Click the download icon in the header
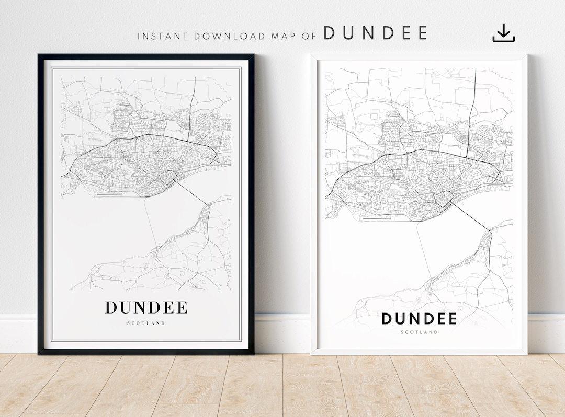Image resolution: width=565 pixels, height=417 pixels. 503,33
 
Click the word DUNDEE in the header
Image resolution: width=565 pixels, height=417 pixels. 375,33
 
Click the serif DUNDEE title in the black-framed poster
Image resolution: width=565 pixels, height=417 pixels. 146,308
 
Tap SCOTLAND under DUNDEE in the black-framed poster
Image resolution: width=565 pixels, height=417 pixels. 146,323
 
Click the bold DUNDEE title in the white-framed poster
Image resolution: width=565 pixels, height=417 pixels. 419,319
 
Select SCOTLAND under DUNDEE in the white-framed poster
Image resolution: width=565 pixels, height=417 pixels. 419,332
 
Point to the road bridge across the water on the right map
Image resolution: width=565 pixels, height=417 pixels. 471,216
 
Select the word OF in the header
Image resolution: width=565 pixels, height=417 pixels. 311,36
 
